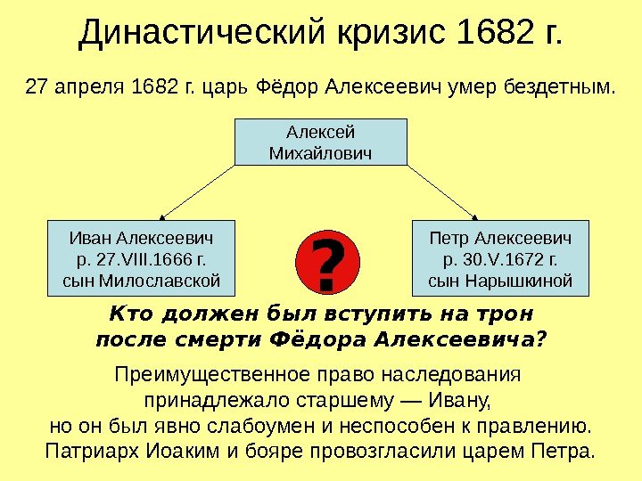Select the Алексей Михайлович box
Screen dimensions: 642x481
320,143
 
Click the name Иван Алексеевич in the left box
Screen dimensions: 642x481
143,240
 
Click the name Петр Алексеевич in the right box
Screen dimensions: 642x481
500,240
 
